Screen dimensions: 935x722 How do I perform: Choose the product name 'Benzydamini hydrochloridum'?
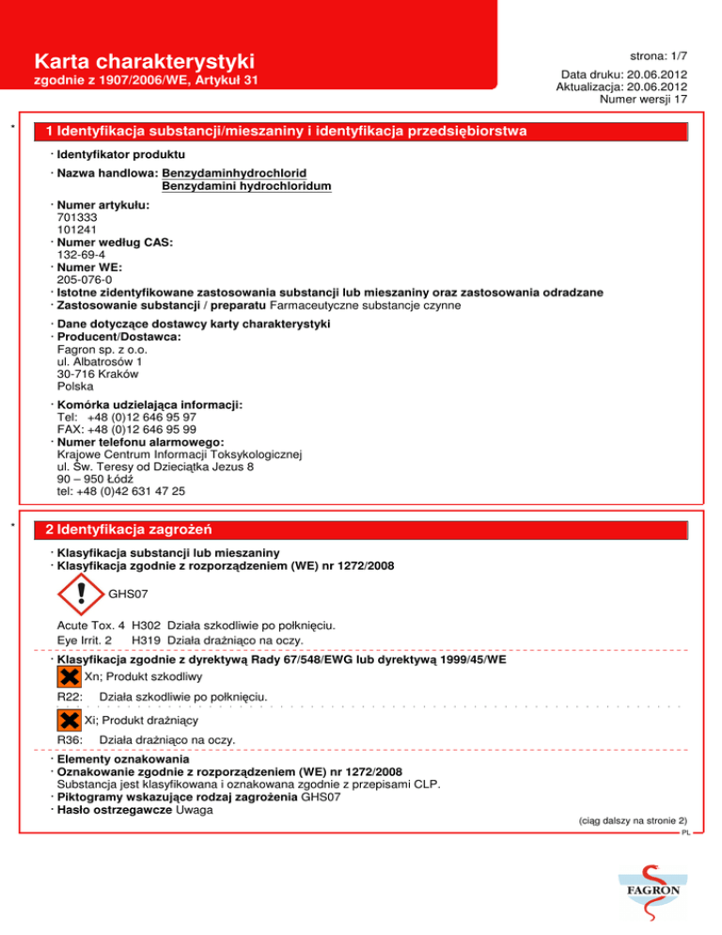click(x=246, y=186)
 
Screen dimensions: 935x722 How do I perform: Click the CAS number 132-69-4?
click(x=80, y=254)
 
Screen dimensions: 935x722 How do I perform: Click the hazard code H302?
click(x=146, y=624)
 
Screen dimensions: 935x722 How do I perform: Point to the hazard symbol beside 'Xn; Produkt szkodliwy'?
click(x=69, y=676)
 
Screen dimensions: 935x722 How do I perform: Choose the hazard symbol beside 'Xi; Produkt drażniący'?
click(x=69, y=721)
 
